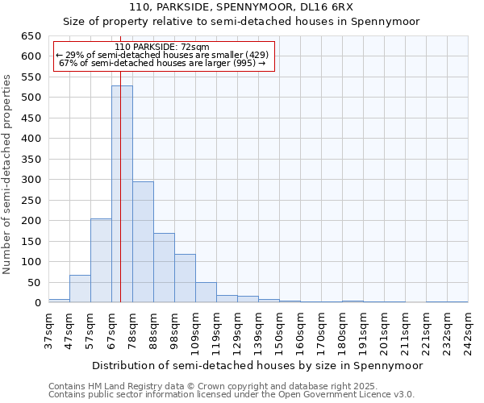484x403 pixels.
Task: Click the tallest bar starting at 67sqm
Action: pos(122,193)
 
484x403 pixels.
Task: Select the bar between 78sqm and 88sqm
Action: pos(143,242)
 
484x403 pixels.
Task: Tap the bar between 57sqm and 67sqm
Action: pos(101,260)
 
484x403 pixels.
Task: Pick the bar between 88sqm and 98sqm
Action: pos(164,268)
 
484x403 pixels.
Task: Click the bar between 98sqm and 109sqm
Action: pos(185,278)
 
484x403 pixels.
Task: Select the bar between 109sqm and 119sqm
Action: pos(206,293)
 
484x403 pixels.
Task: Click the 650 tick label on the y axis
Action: pos(31,36)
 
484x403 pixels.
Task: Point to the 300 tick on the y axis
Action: pos(31,180)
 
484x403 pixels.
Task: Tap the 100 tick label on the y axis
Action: pos(31,262)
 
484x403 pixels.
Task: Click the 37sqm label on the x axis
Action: pos(48,330)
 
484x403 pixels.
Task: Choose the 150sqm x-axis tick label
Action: pos(279,330)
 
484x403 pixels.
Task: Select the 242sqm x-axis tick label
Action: pos(468,330)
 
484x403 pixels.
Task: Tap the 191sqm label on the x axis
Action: pos(363,330)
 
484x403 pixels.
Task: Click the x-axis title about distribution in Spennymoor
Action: pos(258,365)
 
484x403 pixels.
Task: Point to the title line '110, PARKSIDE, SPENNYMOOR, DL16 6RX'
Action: pos(241,7)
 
